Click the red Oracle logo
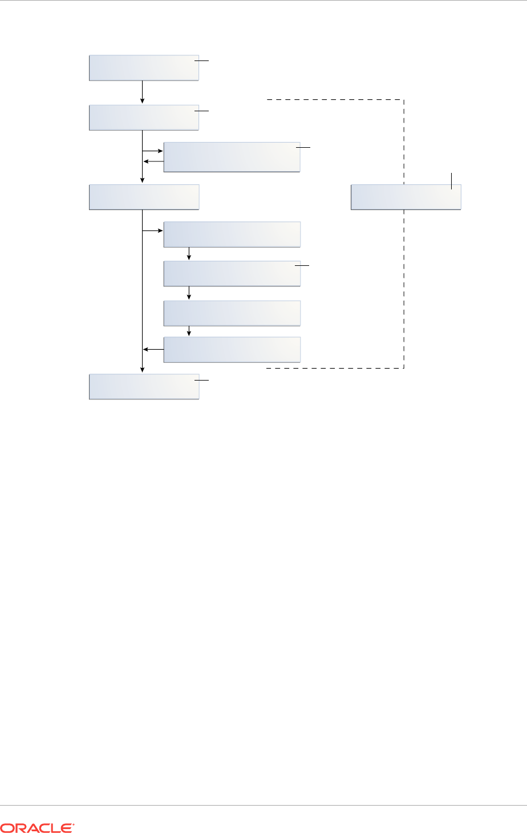click(x=38, y=827)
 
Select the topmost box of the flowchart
click(x=144, y=68)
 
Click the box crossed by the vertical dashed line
click(x=406, y=197)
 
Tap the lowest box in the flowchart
click(x=144, y=387)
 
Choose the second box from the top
click(x=144, y=118)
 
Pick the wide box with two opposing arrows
click(x=232, y=157)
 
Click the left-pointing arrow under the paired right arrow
click(x=153, y=161)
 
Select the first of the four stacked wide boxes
click(x=232, y=234)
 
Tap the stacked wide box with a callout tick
click(x=232, y=273)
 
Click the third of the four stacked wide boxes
click(x=232, y=313)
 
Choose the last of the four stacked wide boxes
click(x=232, y=349)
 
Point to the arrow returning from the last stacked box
click(x=153, y=349)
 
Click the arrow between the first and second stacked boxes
click(x=189, y=254)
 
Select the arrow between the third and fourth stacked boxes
click(x=189, y=331)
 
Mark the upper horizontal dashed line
click(x=335, y=100)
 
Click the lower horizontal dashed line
click(x=335, y=368)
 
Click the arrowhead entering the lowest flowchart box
click(x=142, y=371)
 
